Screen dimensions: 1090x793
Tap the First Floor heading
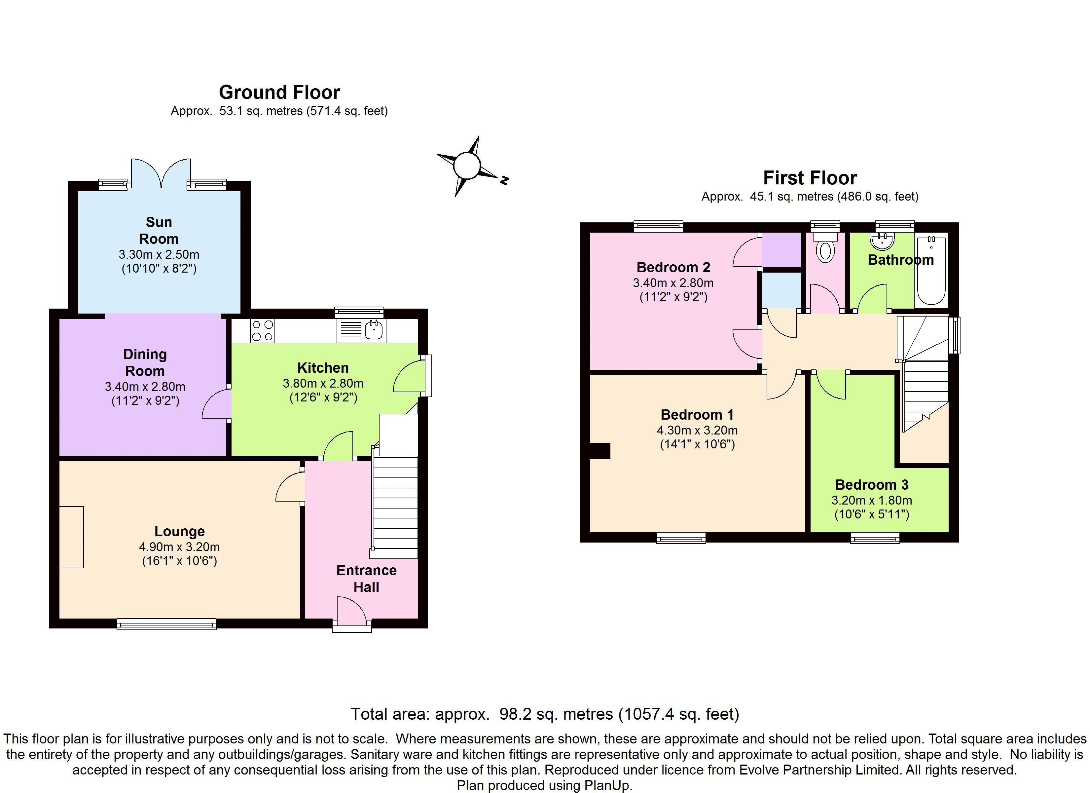(810, 178)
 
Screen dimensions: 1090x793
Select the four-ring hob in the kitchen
(262, 331)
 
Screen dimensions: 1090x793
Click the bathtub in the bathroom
(931, 270)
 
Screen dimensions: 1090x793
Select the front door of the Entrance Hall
(351, 613)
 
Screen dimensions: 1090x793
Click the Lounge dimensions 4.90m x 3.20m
(179, 547)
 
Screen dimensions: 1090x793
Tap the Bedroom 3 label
(871, 485)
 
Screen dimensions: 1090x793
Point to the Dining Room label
(145, 362)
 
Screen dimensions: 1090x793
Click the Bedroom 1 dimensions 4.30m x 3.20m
(697, 431)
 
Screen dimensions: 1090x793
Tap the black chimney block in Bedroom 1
(600, 451)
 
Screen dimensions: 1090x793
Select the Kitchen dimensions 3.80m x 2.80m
(323, 383)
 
